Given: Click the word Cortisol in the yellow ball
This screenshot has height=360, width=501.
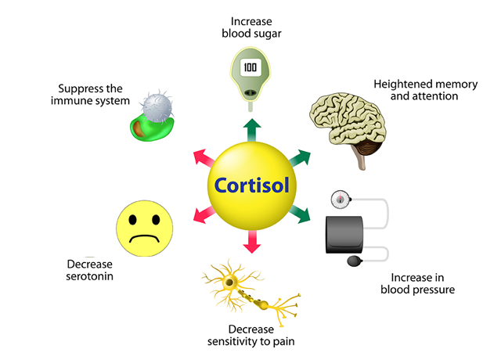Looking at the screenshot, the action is click(x=252, y=185).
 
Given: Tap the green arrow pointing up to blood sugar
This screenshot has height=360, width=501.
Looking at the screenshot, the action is click(x=252, y=130).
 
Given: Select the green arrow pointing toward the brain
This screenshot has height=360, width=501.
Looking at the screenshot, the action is click(x=300, y=157).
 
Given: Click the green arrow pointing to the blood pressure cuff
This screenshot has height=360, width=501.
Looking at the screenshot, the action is click(x=300, y=214).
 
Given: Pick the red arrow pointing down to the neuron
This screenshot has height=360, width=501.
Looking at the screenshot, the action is click(x=252, y=242).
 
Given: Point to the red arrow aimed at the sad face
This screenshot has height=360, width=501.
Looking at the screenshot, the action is click(x=204, y=214).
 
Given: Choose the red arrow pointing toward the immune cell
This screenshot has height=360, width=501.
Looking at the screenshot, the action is click(x=204, y=157).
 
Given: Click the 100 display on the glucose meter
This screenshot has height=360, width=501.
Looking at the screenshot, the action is click(x=250, y=67).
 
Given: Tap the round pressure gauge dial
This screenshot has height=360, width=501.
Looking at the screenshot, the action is click(x=340, y=200).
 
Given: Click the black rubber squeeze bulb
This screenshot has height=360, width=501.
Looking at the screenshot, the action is click(x=355, y=261).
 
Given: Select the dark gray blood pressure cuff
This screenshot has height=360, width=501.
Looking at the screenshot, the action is click(x=344, y=235).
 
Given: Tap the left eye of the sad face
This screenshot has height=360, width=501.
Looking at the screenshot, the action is click(x=132, y=219).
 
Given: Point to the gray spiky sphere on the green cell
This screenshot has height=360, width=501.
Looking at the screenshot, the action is click(x=157, y=107).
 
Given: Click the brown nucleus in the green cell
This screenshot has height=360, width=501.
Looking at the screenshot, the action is click(x=139, y=128).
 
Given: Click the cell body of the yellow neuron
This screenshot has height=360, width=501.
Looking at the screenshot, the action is click(x=229, y=282).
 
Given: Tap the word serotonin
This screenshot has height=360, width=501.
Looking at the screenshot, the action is click(x=89, y=276).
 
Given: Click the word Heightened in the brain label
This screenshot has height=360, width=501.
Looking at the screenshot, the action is click(x=403, y=85).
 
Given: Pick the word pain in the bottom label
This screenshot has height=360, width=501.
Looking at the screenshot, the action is click(x=283, y=342).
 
